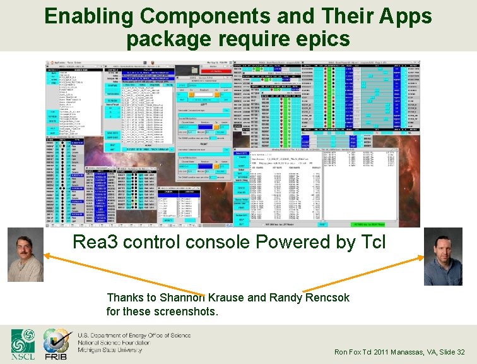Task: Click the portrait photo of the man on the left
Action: click(25, 255)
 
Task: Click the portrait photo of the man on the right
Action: click(443, 257)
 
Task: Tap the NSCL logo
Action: click(24, 344)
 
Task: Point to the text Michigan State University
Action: click(110, 349)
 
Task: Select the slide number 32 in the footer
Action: click(460, 352)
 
